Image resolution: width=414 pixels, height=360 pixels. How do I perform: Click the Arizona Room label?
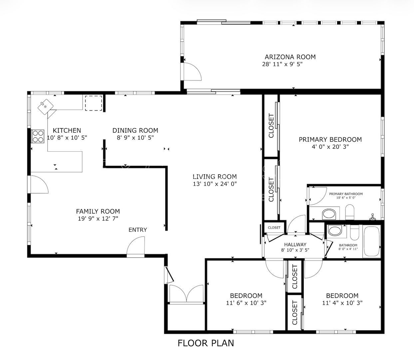coord(290,57)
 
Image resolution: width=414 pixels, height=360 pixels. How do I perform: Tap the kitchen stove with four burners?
coord(38,136)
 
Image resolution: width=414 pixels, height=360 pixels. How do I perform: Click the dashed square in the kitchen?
coord(93,103)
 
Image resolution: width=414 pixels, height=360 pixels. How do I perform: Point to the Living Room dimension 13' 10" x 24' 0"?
coord(214,184)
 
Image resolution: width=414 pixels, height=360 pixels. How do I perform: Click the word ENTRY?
coord(138,230)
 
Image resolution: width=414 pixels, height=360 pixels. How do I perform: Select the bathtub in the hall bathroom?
coord(371,241)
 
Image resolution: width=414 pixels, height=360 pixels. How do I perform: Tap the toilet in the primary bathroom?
coord(350,212)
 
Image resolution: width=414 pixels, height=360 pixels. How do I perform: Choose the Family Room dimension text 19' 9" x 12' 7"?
coord(98,218)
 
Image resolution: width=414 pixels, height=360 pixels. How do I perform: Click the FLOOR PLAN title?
coord(206,343)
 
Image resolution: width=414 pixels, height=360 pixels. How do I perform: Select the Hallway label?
coord(295,244)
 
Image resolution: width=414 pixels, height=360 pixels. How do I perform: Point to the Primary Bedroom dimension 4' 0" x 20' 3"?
coord(330,146)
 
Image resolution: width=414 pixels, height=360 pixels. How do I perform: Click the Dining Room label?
coord(135,130)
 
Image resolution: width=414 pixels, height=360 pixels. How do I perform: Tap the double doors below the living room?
coord(186,294)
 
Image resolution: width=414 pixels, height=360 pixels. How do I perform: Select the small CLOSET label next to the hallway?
coord(274,228)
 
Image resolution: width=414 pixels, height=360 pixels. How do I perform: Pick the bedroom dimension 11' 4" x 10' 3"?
coord(342,303)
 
